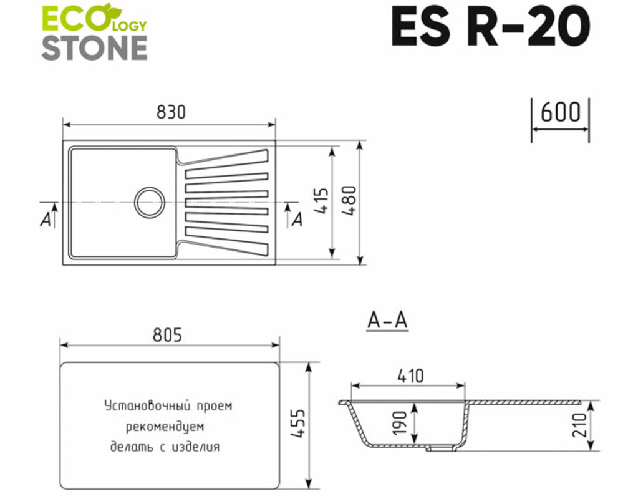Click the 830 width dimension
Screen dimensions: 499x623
coord(171,112)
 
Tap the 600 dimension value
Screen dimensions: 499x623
coord(560,112)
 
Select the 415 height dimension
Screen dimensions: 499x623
coord(322,201)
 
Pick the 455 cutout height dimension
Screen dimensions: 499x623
coord(297,425)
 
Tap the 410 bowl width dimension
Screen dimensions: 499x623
coord(409,376)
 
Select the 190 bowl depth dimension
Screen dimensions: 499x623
coord(401,423)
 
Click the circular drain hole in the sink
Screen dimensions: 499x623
coord(150,201)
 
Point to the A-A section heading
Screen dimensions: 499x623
coord(387,321)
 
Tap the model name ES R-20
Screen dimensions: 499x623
coord(490,27)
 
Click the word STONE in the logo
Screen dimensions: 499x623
coord(94,47)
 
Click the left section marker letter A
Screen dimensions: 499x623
coord(45,220)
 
